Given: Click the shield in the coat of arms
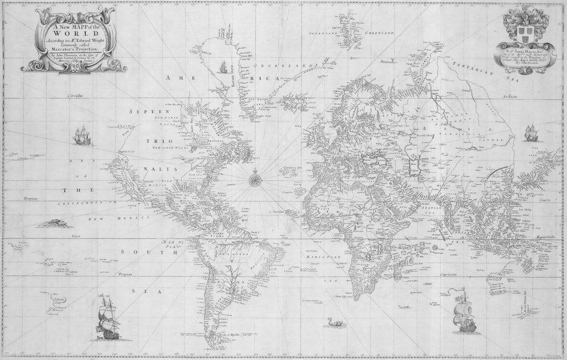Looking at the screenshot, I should click(524, 34).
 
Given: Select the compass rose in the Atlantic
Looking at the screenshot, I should click(256, 179).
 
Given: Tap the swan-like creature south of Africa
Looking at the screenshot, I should click(335, 323).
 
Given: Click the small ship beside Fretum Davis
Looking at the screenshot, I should click(223, 67).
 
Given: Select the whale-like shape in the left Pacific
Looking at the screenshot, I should click(55, 224).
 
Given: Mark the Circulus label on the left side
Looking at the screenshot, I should click(75, 96).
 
